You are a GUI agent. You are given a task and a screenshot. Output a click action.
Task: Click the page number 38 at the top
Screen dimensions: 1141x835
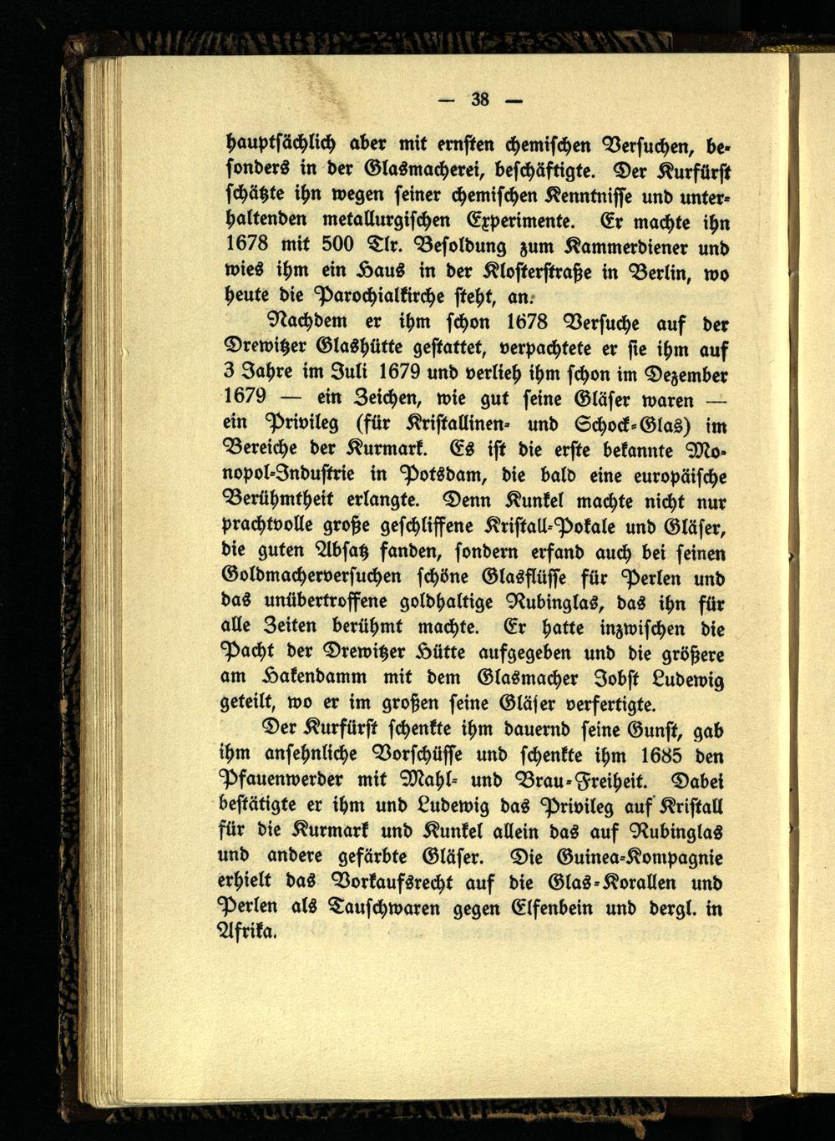(x=479, y=99)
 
